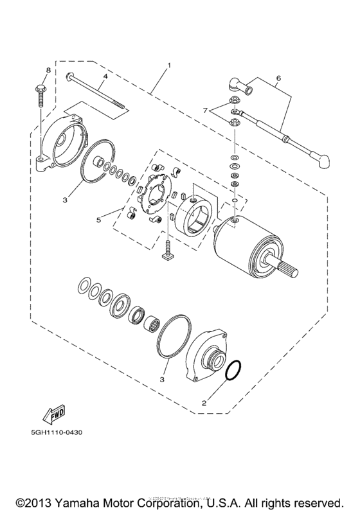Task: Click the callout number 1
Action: click(169, 66)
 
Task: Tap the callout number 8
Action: click(47, 70)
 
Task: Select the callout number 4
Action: click(105, 76)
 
